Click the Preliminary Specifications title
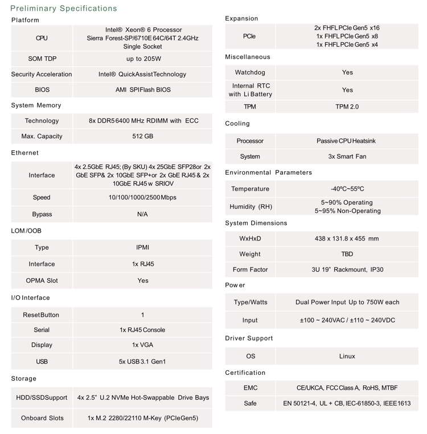click(x=64, y=9)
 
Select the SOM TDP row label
click(x=42, y=59)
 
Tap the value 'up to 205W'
click(x=143, y=59)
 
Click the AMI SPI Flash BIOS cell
click(x=143, y=89)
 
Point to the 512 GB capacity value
click(x=143, y=137)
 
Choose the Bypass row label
click(x=42, y=214)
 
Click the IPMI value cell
click(x=143, y=247)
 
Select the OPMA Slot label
click(x=42, y=280)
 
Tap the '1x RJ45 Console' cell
click(x=143, y=330)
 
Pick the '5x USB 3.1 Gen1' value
click(x=143, y=361)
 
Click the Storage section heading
click(x=24, y=378)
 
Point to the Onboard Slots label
click(x=42, y=418)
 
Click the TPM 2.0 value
click(x=347, y=106)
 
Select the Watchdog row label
click(x=250, y=72)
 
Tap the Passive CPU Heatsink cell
click(x=347, y=140)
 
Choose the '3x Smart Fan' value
click(x=347, y=156)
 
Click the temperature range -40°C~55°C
click(x=347, y=189)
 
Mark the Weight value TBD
click(x=347, y=254)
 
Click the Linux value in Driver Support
click(x=347, y=356)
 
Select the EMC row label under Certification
click(x=250, y=387)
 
